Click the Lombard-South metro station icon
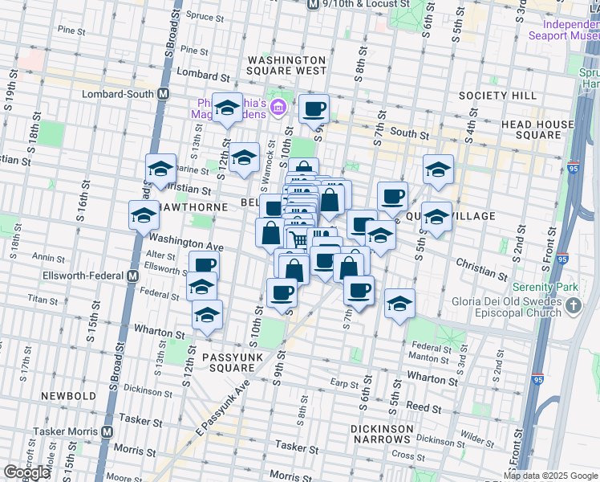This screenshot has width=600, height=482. pos(164,94)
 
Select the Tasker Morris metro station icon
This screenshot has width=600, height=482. pos(107,432)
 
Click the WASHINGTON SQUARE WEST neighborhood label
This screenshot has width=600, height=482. pos(287,65)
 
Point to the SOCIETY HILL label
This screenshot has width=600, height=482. pos(497,96)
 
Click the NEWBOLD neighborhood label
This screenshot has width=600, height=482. pos(67,395)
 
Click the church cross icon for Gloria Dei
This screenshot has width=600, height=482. pos(574,305)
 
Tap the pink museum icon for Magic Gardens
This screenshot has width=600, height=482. pos(278,107)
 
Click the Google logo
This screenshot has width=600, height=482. pos(27,472)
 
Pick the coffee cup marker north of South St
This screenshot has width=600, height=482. pos(314,108)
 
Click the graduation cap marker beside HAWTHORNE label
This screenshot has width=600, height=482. pos(144,215)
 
